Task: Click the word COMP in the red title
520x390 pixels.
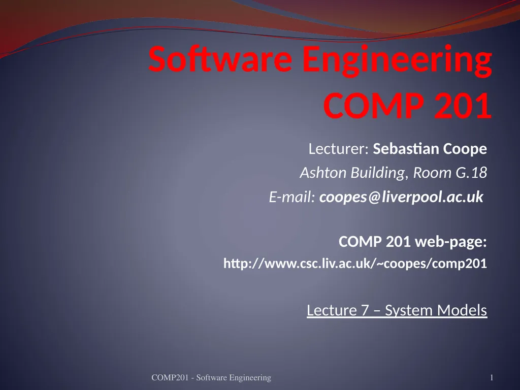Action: pos(373,106)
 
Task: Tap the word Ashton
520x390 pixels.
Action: pos(323,173)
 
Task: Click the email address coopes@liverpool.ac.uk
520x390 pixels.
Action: pos(401,198)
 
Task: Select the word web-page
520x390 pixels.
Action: pos(451,242)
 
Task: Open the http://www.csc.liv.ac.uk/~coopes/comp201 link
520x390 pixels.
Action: pos(355,264)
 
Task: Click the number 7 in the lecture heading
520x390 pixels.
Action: pos(365,310)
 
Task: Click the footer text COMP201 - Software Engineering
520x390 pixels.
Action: pos(211,377)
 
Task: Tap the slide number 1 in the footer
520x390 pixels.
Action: pos(492,377)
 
